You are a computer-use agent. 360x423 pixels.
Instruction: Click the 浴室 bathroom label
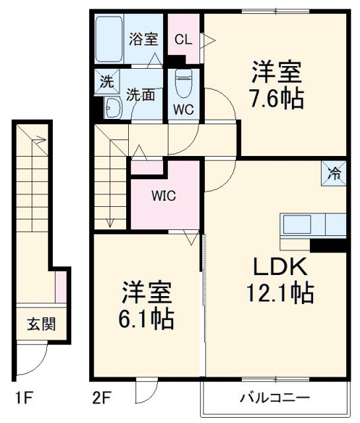tap(143, 38)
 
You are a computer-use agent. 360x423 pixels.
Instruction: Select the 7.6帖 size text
tap(276, 99)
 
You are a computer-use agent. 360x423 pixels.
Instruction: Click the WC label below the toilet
tap(184, 110)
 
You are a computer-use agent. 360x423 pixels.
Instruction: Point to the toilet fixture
tap(183, 84)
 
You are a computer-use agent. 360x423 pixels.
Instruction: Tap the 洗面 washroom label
tap(141, 94)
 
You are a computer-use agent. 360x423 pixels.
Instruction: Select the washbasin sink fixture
tap(112, 107)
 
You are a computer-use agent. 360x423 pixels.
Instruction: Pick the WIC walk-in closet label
tap(164, 196)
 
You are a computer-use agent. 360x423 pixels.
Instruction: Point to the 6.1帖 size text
tap(147, 320)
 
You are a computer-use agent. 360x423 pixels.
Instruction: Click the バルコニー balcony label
tap(274, 398)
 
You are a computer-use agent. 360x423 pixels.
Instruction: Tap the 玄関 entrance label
tap(41, 325)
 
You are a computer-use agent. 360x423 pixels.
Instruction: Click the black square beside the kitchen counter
tap(328, 245)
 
